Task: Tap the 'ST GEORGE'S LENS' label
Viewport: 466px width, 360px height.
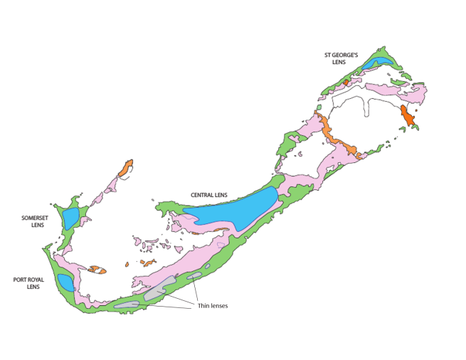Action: (x=339, y=58)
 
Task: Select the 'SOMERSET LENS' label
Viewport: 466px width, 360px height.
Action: (x=33, y=221)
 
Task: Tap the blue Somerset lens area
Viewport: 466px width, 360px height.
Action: (x=70, y=218)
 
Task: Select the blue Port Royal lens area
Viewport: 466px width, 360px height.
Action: (x=65, y=282)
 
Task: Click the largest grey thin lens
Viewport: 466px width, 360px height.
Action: (x=155, y=292)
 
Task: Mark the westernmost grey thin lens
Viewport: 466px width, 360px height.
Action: (x=126, y=305)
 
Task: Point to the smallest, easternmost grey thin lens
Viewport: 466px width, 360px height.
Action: (x=194, y=276)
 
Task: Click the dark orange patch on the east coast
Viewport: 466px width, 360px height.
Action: (x=408, y=117)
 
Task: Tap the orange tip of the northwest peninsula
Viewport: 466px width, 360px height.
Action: (x=126, y=169)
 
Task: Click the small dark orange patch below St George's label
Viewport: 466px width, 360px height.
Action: (x=346, y=83)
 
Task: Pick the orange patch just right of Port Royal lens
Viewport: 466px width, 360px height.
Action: (x=97, y=270)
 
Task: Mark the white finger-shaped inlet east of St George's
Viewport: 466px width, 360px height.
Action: (x=368, y=107)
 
